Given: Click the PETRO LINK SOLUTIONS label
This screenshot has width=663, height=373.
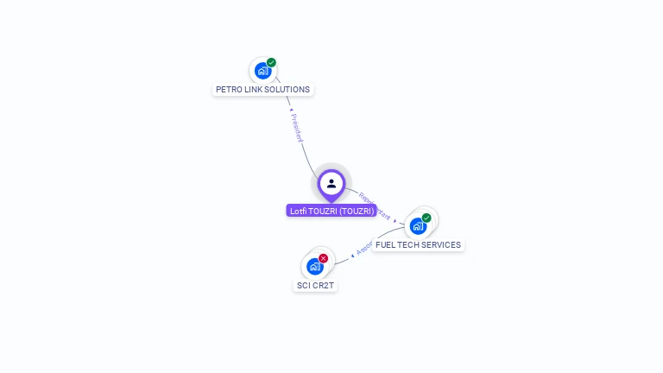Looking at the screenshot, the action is [262, 89].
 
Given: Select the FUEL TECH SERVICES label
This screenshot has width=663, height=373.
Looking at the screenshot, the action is [418, 244].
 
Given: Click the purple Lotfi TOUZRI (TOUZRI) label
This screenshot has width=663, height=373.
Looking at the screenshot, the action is [331, 211].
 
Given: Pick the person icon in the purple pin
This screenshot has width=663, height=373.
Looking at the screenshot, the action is [331, 183].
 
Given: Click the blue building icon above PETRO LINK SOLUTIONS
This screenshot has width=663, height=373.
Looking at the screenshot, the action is [262, 71].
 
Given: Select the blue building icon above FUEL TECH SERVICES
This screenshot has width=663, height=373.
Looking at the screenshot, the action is [418, 226].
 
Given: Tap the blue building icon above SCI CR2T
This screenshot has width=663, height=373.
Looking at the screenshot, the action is [314, 267].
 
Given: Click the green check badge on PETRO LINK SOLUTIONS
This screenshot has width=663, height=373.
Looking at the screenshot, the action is [271, 62].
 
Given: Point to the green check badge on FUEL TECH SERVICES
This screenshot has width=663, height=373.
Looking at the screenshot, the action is [426, 218].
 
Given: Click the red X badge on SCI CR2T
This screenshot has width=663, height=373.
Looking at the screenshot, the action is [323, 258].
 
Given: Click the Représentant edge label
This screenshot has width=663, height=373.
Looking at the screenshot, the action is [374, 206].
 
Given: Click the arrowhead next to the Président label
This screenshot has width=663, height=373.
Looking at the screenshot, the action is [289, 110].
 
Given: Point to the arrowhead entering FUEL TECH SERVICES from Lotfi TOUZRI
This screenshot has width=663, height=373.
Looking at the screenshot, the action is [395, 221].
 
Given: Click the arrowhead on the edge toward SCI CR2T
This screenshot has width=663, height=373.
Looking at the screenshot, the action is [353, 255].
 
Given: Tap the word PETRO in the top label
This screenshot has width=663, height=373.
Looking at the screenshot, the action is [228, 89].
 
